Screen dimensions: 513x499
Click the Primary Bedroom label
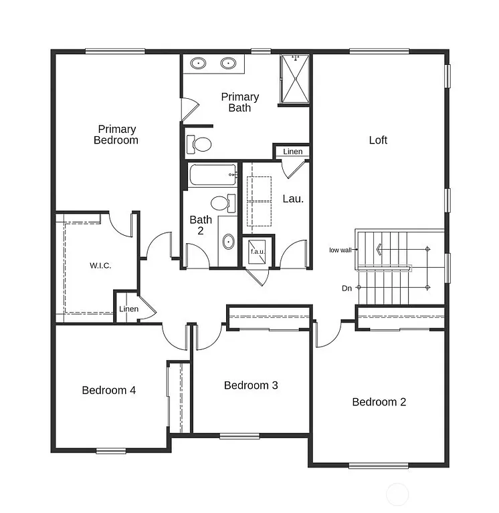[x=116, y=134]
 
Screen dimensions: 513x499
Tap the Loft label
[x=378, y=140]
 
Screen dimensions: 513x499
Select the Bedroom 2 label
[x=379, y=402]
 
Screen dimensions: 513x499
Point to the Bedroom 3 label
[x=251, y=385]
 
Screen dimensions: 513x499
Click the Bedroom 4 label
[x=109, y=390]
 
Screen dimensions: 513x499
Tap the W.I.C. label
[x=100, y=266]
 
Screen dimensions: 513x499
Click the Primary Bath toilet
[x=200, y=143]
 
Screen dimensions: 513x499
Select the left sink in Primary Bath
[x=199, y=64]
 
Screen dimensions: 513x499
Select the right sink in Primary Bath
[x=229, y=64]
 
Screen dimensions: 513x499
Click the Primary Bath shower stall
[x=295, y=79]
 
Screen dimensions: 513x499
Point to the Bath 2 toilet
[x=221, y=202]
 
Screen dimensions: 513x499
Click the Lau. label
[x=293, y=198]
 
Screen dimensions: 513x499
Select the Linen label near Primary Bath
[x=292, y=152]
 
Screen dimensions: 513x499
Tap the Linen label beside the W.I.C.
[x=128, y=309]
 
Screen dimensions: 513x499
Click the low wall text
[x=340, y=250]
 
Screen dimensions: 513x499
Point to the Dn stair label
[x=346, y=289]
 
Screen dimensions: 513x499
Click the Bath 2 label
[x=201, y=224]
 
